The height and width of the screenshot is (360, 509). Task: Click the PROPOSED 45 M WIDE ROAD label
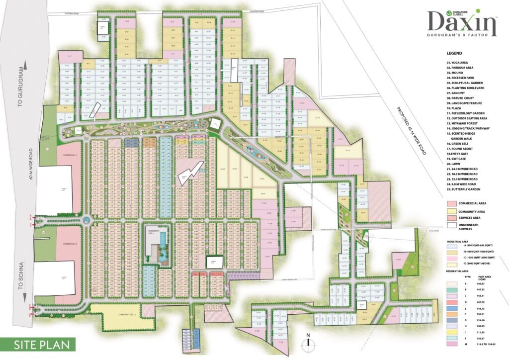tap(412, 131)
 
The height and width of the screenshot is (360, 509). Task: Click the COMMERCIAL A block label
tap(69, 155)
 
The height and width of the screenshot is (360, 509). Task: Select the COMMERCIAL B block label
tap(69, 244)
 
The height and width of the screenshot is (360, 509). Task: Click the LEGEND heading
tap(454, 53)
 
